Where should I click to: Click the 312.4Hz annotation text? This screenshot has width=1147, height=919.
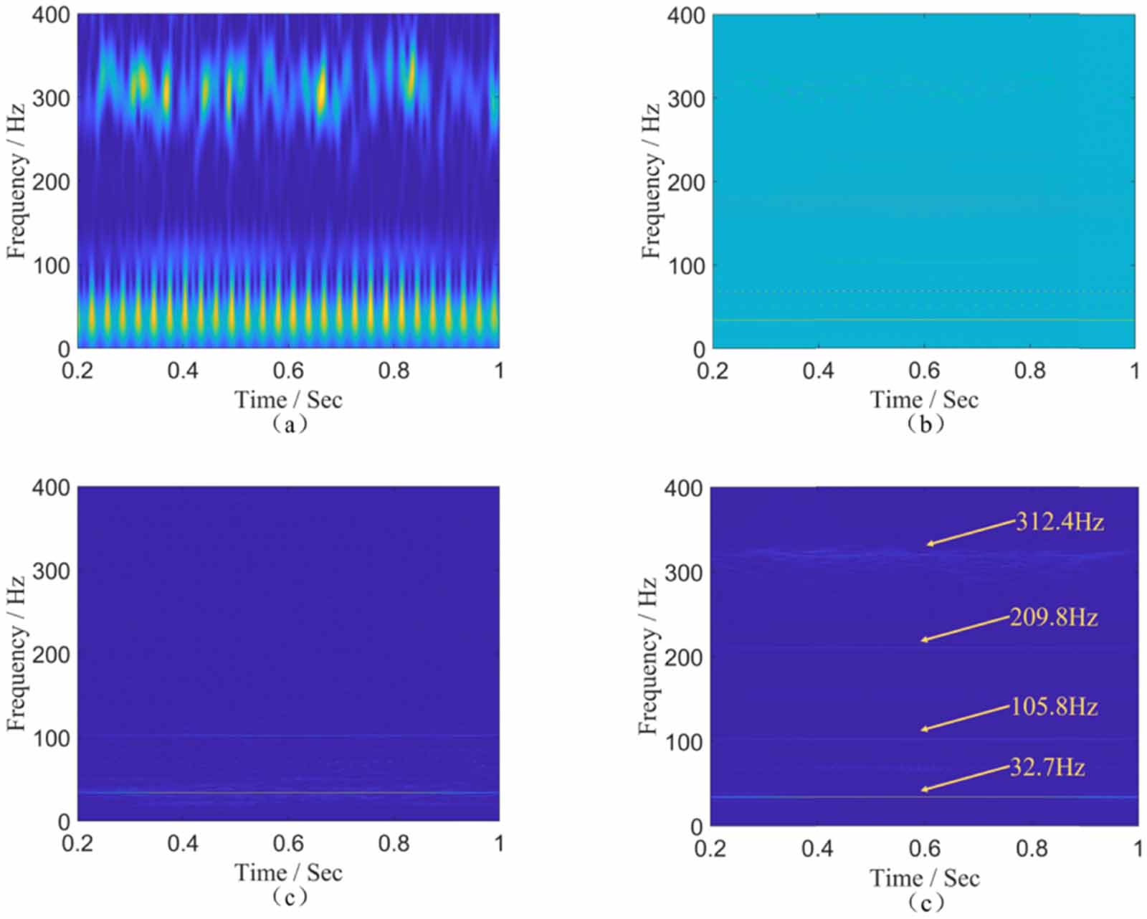point(1060,522)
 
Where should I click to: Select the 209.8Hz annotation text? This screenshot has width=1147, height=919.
point(1054,617)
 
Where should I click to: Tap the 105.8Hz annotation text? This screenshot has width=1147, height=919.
point(1054,708)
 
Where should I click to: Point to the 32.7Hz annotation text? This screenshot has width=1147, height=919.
point(1047,768)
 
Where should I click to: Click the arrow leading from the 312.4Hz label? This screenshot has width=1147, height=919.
point(971,533)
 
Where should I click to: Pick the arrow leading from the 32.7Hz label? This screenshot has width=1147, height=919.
point(965,778)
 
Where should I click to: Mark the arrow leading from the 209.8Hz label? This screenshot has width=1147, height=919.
point(965,629)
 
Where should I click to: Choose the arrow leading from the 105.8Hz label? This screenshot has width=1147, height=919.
point(965,718)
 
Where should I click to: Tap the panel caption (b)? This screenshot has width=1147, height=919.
point(924,424)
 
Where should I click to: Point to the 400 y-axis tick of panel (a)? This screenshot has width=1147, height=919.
point(51,14)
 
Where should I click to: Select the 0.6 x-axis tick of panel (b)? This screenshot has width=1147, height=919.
point(924,371)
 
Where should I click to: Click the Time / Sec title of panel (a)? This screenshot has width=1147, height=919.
point(288,399)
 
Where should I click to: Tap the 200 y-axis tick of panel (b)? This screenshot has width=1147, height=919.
point(686,182)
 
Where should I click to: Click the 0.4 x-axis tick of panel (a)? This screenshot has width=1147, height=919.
point(183,371)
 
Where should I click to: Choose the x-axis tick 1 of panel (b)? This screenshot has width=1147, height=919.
point(1135,371)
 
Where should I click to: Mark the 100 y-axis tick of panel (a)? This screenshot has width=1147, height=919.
point(51,265)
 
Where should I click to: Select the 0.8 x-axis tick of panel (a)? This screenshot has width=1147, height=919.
point(394,371)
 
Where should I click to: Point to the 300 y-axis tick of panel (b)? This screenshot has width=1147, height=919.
point(686,98)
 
